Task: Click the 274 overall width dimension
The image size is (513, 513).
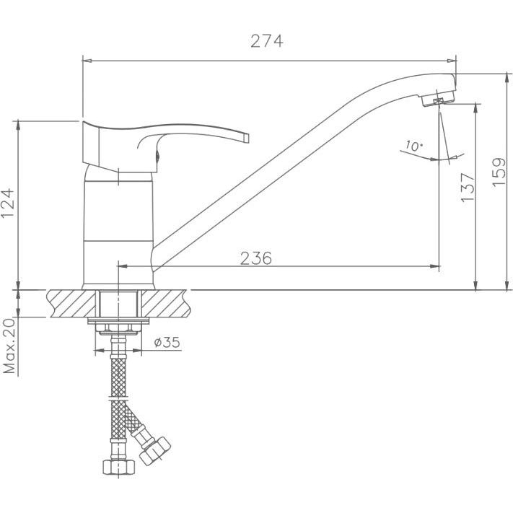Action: coord(267,41)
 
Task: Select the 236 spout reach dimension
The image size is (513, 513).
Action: coord(256,258)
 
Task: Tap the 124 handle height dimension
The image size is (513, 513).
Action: coord(8,203)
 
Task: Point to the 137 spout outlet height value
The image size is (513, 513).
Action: coord(468,187)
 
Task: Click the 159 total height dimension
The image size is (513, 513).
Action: coord(499,172)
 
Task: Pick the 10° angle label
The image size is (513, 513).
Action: coord(414,146)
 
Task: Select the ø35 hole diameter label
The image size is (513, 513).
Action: coord(167,342)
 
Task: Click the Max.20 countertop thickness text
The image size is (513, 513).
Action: coord(9,346)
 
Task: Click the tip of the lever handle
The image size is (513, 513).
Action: coord(247,138)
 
